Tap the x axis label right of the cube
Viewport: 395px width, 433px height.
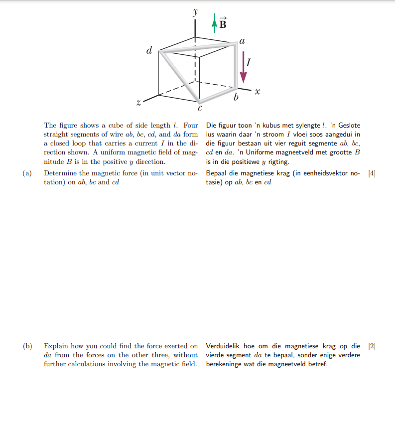coord(257,92)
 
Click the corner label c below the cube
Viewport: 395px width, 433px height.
coord(200,108)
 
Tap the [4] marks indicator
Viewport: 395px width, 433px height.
coord(371,173)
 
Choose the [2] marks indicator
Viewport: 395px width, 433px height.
coord(371,346)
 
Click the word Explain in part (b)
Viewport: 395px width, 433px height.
coord(56,346)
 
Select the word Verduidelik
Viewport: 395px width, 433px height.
coord(223,346)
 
